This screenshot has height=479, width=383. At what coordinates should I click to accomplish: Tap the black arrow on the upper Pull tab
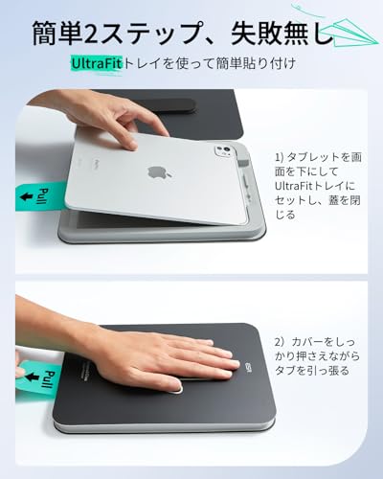tap(23, 198)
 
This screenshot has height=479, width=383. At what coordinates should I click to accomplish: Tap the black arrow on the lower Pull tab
tap(23, 368)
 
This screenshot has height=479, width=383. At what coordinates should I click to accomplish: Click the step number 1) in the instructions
tap(281, 153)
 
